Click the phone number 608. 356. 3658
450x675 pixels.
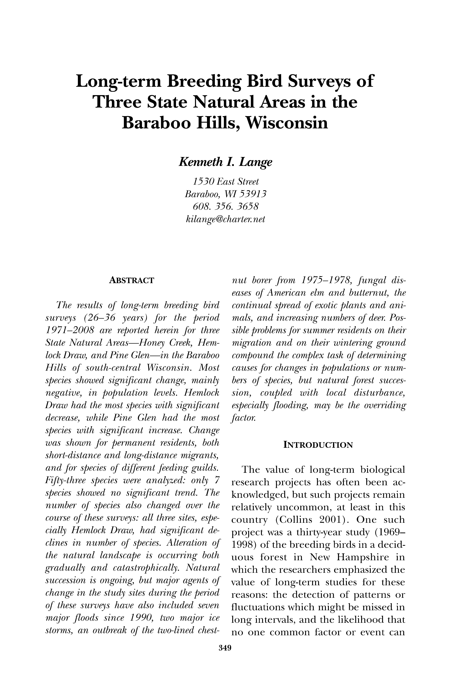point(225,206)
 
